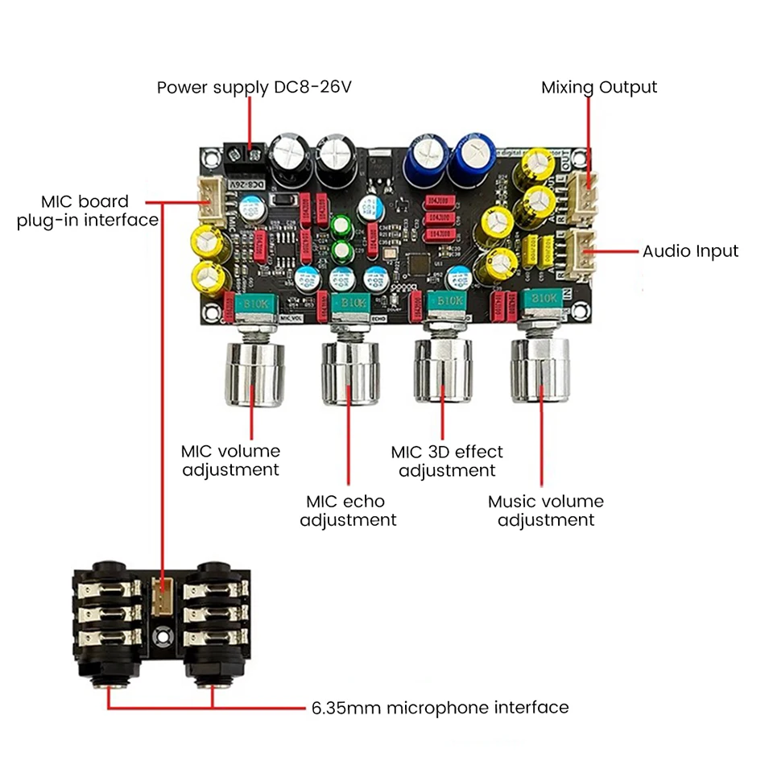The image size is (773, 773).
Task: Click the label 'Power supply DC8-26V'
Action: [254, 87]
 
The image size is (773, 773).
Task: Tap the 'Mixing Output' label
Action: [599, 87]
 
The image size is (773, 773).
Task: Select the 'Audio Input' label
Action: [690, 251]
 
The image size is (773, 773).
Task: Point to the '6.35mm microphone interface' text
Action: [440, 708]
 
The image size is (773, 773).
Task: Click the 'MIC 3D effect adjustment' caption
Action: [447, 461]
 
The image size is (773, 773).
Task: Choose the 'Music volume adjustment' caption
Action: [546, 511]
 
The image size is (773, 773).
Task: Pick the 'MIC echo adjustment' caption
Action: [348, 511]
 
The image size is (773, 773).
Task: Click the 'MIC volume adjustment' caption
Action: [230, 460]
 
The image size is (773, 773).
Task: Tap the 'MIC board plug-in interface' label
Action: [87, 210]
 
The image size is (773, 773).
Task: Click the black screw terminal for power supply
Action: [244, 154]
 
